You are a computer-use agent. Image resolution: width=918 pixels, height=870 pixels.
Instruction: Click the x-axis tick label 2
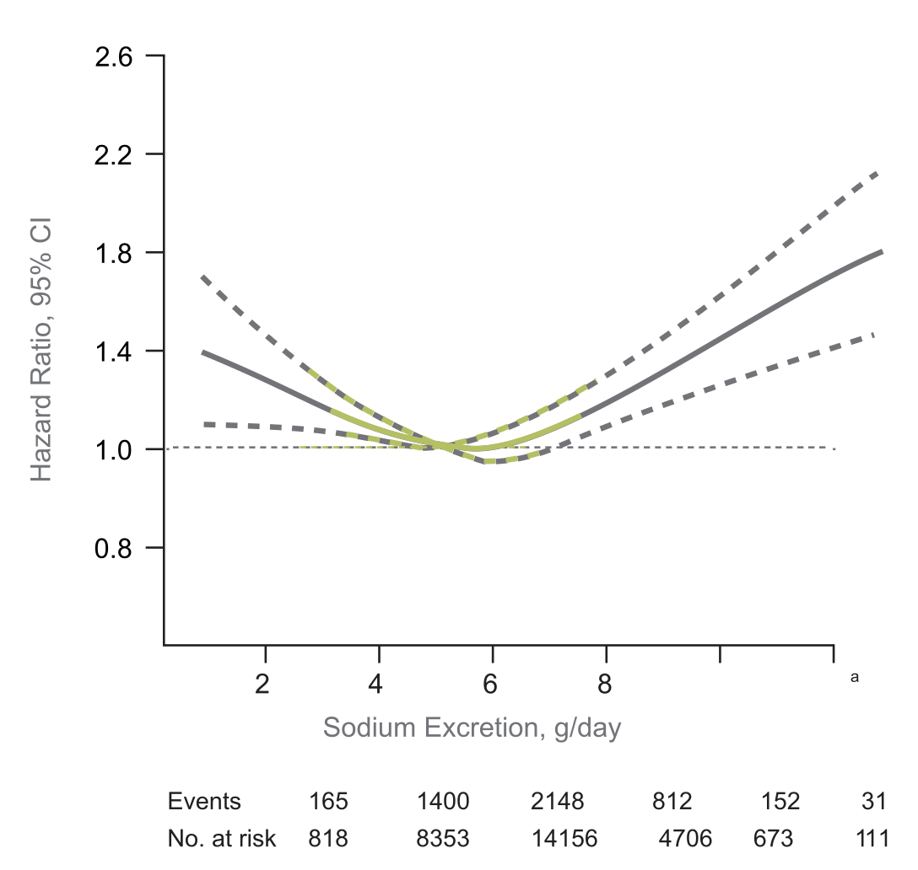pos(263,684)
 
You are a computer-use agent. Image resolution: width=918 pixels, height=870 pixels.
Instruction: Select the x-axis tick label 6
pos(491,684)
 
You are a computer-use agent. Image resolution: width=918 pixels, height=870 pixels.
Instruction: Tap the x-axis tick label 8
pos(605,684)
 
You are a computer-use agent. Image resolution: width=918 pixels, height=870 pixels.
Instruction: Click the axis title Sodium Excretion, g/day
pos(472,728)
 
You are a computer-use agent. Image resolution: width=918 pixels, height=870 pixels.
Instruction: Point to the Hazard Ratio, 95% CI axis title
pos(42,352)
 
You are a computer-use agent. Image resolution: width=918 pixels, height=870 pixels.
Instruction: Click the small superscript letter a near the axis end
pos(855,676)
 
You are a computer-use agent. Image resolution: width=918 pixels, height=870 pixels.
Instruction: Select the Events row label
pos(204,801)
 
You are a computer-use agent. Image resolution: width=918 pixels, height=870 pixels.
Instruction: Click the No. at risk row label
pos(222,839)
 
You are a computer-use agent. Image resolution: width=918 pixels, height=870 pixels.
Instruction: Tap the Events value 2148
pos(557,801)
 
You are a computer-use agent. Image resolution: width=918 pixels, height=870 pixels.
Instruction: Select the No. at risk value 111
pos(872,839)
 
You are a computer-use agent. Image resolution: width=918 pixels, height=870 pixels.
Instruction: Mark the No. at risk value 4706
pos(685,839)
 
